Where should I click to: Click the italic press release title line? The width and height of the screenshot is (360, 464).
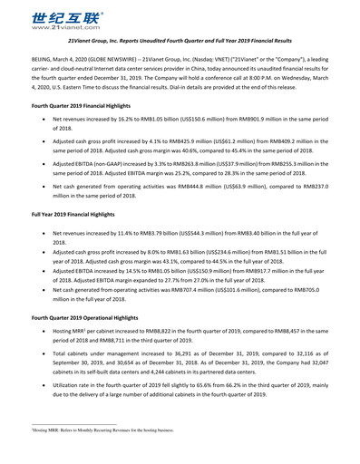(179, 42)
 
